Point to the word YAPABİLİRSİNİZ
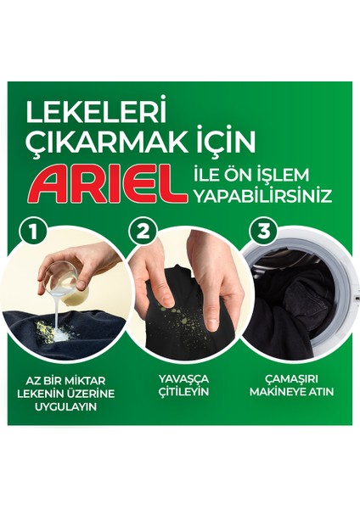263,196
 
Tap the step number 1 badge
32,232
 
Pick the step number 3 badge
263,232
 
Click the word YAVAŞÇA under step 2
183,378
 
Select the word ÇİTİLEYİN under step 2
183,391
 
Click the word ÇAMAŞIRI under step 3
291,379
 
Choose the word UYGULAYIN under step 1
66,406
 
